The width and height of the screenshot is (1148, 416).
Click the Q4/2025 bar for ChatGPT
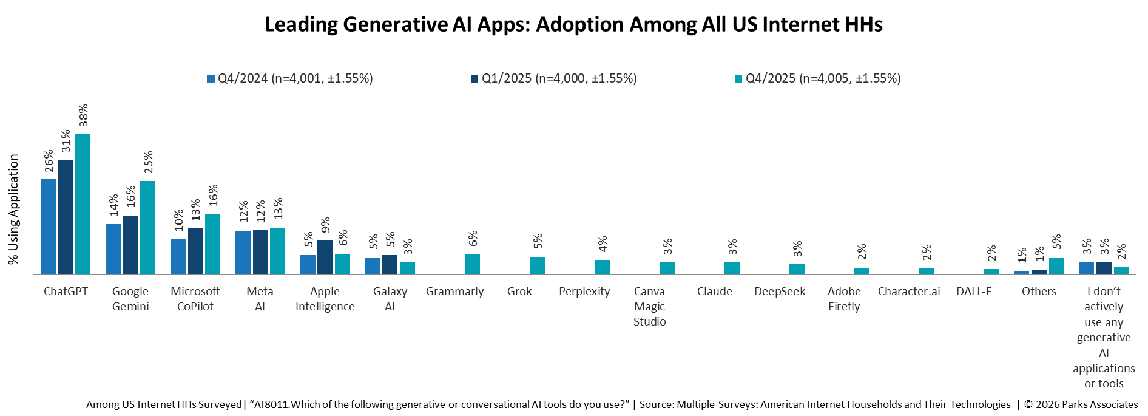tap(83, 204)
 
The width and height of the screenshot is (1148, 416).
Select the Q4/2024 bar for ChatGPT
tap(48, 227)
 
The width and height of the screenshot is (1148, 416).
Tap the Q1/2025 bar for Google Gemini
tap(130, 245)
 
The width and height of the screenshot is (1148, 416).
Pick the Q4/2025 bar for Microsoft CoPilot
tap(212, 244)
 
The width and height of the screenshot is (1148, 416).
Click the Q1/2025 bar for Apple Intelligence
tap(325, 257)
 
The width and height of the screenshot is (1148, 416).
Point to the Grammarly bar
tap(472, 264)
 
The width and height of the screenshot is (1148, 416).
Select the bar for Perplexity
tap(602, 267)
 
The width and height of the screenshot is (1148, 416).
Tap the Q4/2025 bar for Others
tap(1056, 266)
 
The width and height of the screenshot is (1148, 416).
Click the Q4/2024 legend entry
tap(290, 78)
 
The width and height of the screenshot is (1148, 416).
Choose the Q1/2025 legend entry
tap(553, 78)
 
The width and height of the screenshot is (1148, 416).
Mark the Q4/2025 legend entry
tap(817, 78)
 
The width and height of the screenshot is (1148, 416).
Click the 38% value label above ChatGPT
tap(83, 116)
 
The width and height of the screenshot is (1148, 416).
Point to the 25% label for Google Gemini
tap(148, 162)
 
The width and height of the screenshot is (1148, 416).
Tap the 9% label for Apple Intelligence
tap(326, 225)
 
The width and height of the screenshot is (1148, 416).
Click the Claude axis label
tap(714, 292)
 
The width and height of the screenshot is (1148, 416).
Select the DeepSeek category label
tap(780, 292)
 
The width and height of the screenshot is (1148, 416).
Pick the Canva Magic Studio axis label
tap(649, 306)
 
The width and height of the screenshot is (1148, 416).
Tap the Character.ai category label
tap(908, 292)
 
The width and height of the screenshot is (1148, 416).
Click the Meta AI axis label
tap(260, 299)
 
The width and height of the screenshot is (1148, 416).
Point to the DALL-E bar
tap(991, 271)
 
